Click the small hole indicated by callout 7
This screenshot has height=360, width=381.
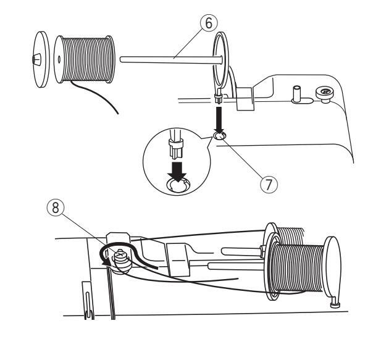pos(219,135)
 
